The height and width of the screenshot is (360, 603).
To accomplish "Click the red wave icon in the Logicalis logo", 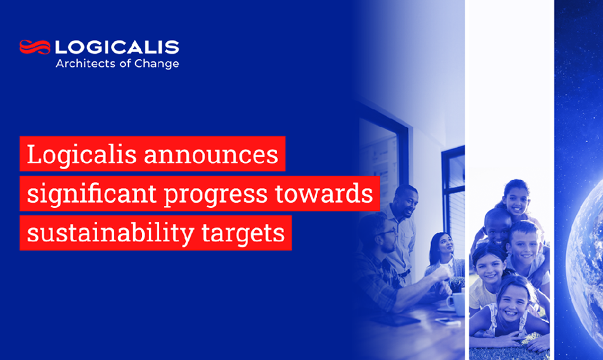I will click(x=35, y=47).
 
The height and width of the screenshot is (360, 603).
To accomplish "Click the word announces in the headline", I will click(x=212, y=154).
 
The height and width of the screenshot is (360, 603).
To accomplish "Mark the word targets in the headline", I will click(x=251, y=235).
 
